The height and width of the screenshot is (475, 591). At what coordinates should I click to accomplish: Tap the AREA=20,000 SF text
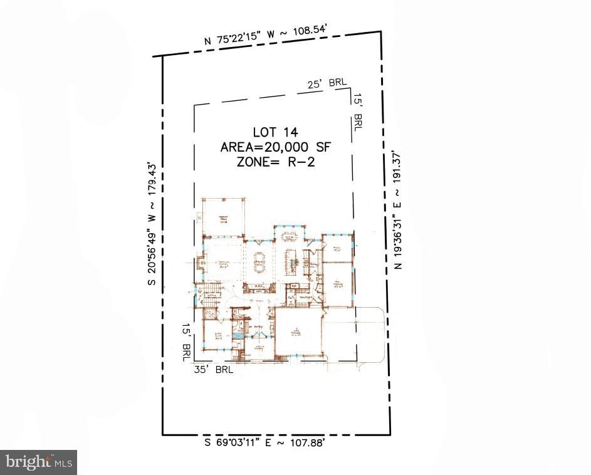[x=275, y=147]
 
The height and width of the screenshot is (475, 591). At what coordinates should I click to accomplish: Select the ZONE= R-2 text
[x=275, y=162]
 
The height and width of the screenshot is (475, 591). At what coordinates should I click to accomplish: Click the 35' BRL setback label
[x=214, y=370]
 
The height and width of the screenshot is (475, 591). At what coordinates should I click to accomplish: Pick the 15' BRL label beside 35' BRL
[x=186, y=342]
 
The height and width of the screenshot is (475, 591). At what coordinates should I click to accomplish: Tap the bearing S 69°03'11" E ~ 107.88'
[x=263, y=443]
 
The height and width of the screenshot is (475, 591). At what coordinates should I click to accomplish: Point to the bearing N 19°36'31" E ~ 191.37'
[x=397, y=210]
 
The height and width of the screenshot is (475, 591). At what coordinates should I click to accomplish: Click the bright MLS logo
[x=38, y=462]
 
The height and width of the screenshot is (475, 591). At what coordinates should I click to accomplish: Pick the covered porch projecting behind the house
[x=222, y=217]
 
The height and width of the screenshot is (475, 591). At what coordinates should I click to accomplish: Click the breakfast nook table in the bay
[x=289, y=236]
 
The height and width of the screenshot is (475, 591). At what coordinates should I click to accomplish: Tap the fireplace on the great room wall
[x=199, y=264]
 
